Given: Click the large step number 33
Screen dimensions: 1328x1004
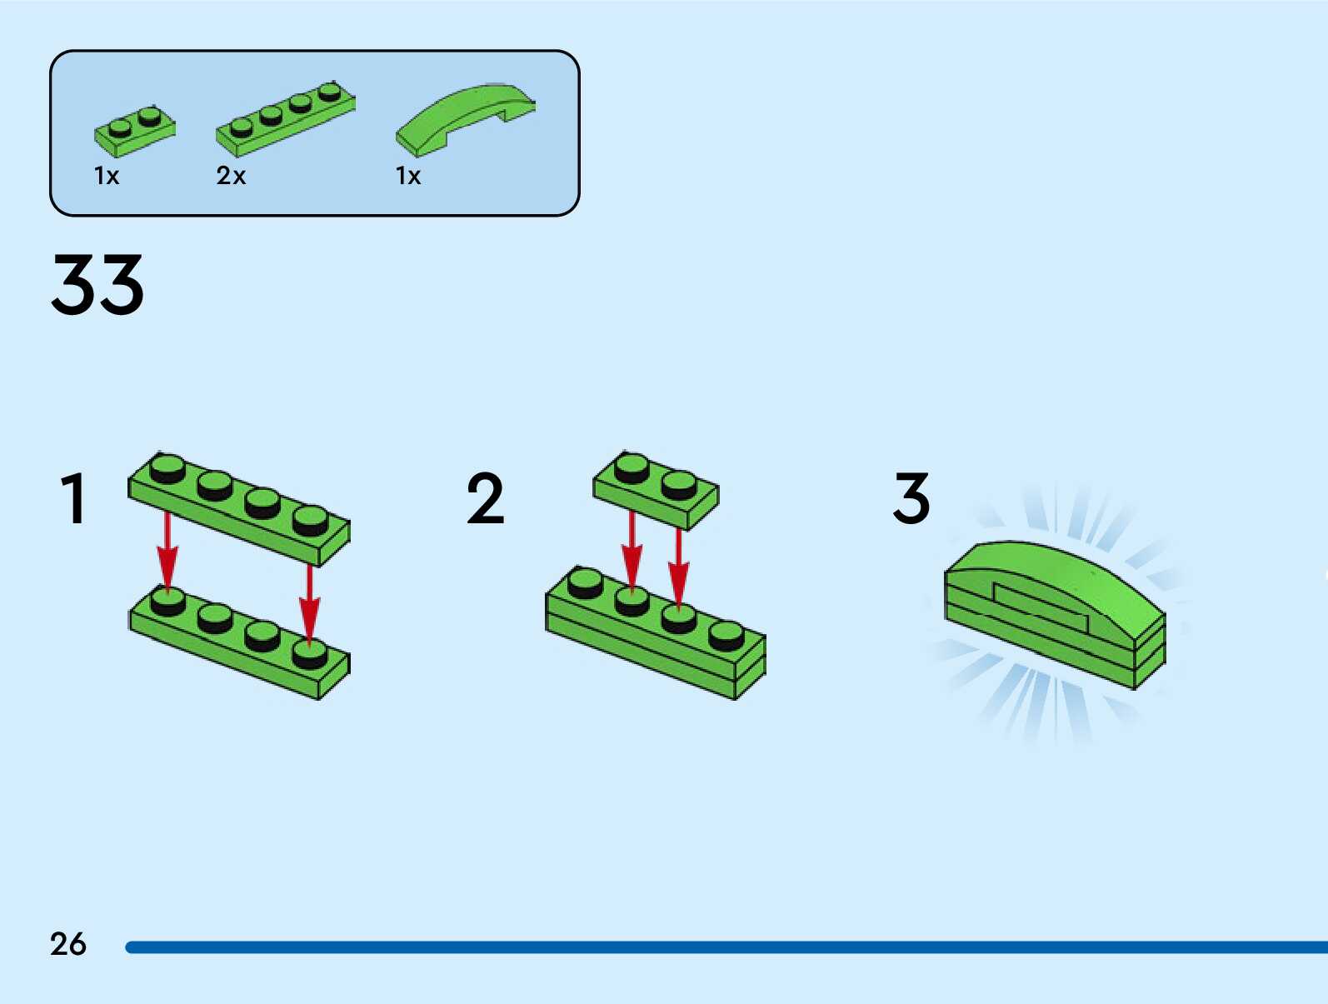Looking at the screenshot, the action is [x=97, y=285].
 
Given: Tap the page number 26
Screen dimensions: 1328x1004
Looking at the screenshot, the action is [x=67, y=944].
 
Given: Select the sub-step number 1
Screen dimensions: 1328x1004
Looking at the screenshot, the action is [x=73, y=499].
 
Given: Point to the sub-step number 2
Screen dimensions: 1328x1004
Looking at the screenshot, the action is [x=485, y=499].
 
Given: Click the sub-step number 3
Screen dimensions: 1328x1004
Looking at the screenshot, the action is [x=911, y=499].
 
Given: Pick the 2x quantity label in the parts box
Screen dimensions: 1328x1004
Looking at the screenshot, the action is [x=231, y=176].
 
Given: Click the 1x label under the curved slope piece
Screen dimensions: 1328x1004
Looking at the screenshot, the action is [x=407, y=176].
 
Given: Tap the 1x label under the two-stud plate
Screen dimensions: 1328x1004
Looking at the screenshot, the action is [x=107, y=176].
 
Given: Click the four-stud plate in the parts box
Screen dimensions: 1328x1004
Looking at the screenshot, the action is [x=285, y=119].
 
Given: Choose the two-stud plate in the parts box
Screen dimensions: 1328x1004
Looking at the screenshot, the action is [x=134, y=132].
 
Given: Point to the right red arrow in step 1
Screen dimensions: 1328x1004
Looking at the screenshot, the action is [x=310, y=604].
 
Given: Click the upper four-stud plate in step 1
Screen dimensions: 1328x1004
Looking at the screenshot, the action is [x=239, y=508].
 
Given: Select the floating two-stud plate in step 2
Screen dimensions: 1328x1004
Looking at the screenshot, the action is [x=656, y=491].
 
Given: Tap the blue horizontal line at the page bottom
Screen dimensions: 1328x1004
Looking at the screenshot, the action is [x=725, y=947].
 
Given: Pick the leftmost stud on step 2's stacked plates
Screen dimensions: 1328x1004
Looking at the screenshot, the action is [x=586, y=582].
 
